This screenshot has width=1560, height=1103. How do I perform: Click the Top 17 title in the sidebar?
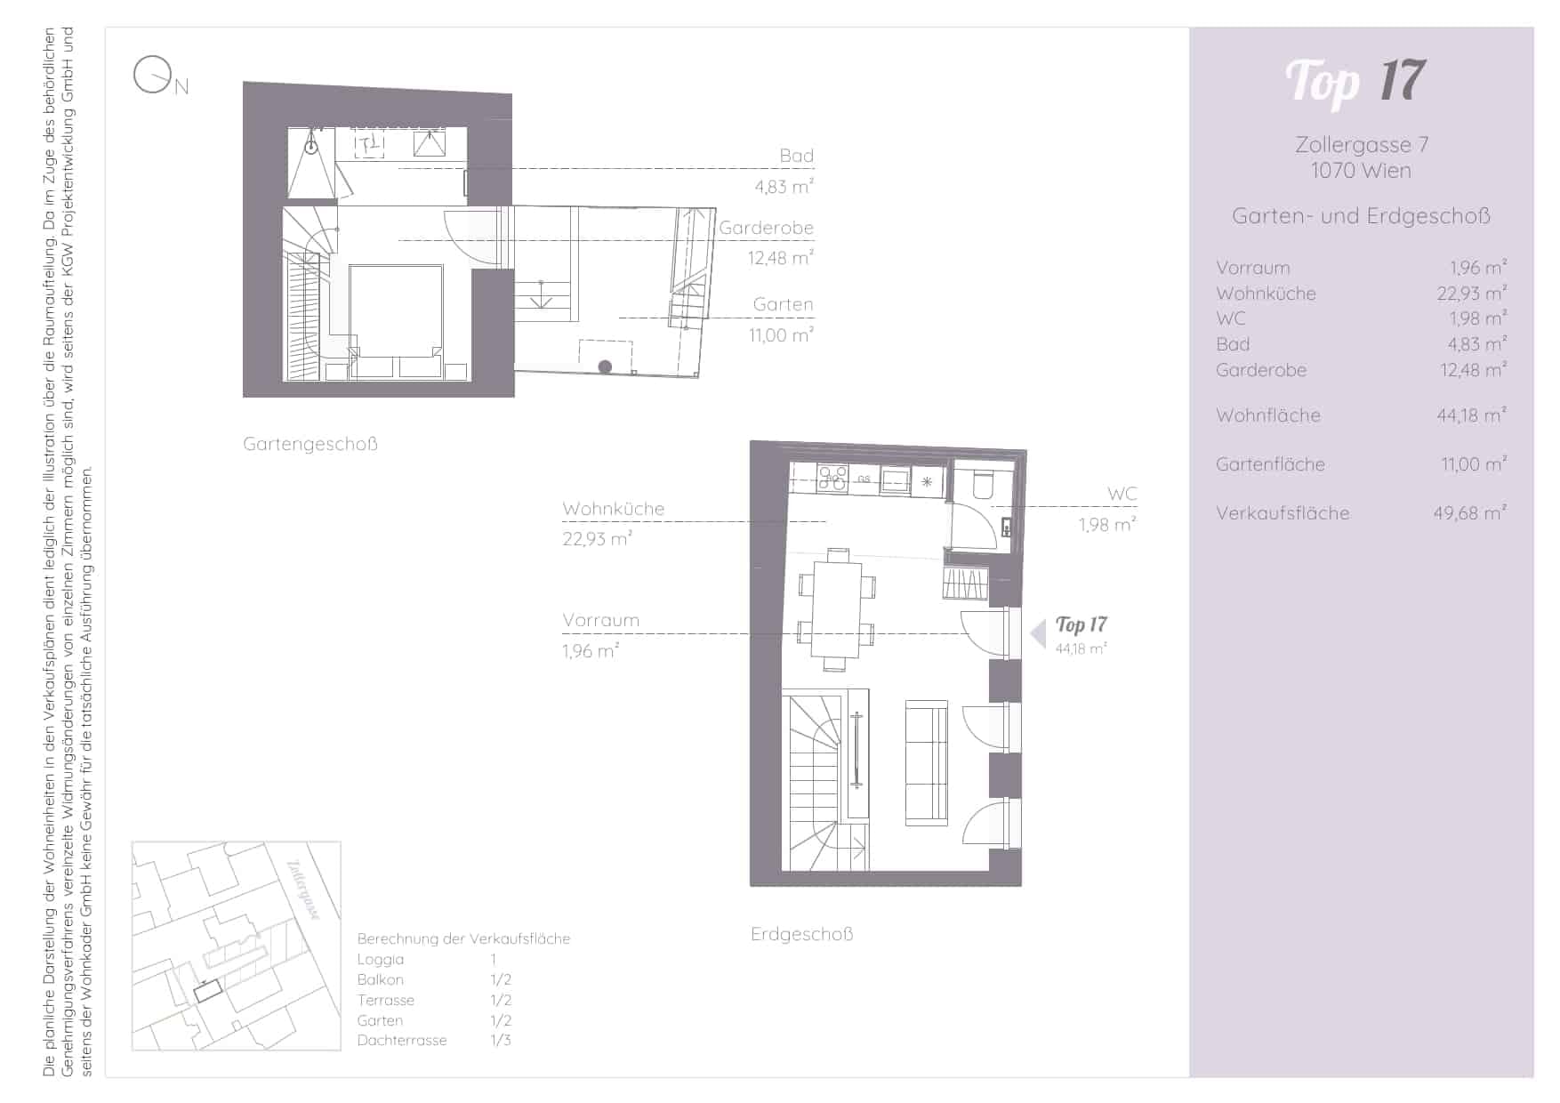click(x=1355, y=81)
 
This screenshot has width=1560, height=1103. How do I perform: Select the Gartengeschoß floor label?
click(x=310, y=444)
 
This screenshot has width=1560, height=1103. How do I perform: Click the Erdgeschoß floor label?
click(x=802, y=934)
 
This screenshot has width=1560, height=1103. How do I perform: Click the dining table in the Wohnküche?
click(x=837, y=608)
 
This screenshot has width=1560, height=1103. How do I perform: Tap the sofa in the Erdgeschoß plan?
click(x=926, y=761)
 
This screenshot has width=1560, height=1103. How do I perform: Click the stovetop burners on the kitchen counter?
click(x=833, y=478)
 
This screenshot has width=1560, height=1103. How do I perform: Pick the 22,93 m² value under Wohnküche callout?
click(x=597, y=539)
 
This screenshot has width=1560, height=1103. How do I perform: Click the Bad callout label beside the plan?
click(x=797, y=156)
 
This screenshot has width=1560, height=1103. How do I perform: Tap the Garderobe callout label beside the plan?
click(x=767, y=228)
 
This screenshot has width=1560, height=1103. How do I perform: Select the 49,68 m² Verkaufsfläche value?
click(x=1469, y=513)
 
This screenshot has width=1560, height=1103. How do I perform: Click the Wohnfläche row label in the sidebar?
click(x=1268, y=415)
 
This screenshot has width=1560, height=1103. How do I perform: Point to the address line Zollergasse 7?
click(x=1362, y=145)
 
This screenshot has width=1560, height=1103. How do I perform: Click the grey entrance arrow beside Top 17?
click(x=1038, y=634)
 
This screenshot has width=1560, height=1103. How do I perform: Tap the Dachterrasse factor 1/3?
click(x=501, y=1040)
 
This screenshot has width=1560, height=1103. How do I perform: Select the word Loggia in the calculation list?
click(x=381, y=959)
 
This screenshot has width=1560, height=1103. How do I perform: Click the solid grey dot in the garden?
click(x=605, y=366)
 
